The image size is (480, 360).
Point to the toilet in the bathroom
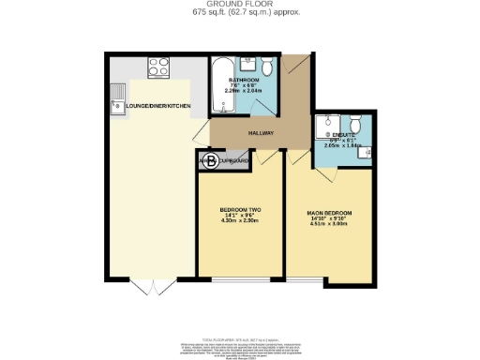coord(266,66)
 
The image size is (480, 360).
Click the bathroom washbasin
coord(247,67)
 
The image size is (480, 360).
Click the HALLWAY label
coord(261,133)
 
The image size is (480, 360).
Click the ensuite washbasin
coord(367,155)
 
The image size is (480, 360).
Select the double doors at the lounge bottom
coord(145,287)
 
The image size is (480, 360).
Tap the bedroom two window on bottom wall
coord(241,279)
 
